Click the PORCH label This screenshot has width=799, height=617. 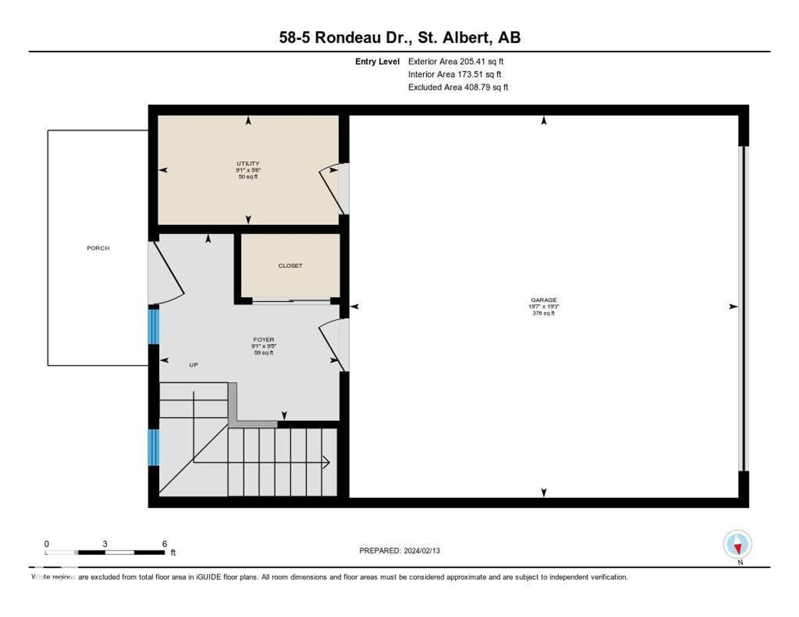pos(98,248)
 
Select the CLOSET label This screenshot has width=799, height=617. pos(290,265)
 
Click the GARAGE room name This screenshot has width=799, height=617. pos(544,300)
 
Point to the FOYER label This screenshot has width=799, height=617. pos(263,339)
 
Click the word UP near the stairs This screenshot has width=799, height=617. pos(194,365)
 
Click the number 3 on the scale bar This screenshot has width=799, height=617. pos(105,544)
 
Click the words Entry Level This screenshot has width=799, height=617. pos(377,61)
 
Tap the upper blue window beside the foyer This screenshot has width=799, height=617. pos(154,326)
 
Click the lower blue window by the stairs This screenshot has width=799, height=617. pos(154,447)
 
